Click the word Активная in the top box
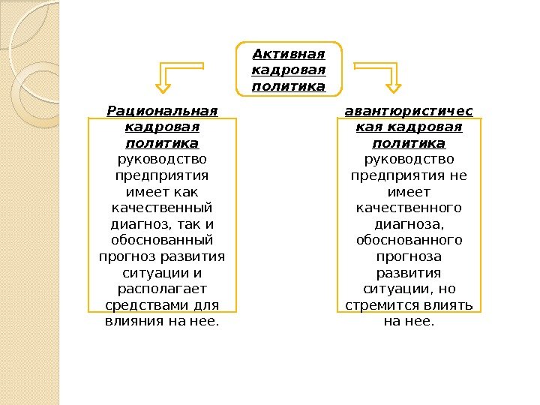point(289,54)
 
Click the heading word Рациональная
point(162,112)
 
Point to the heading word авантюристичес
point(409,112)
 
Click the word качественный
point(162,207)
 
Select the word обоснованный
point(162,240)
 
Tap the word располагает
point(162,289)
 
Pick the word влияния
point(133,322)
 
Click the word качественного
point(409,207)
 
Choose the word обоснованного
point(409,240)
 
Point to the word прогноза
point(409,256)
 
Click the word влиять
point(446,305)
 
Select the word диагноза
point(409,223)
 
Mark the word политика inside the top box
point(289,87)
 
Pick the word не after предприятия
point(458,175)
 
